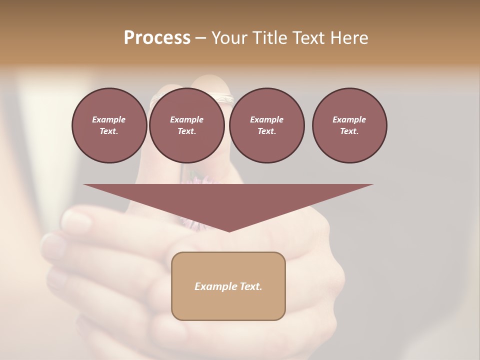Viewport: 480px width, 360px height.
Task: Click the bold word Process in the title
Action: [157, 38]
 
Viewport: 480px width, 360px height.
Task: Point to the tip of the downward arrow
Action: [229, 230]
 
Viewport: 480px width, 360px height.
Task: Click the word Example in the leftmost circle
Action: [109, 119]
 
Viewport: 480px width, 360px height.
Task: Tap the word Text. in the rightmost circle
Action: [349, 131]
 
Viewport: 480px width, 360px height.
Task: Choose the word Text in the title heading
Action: [308, 38]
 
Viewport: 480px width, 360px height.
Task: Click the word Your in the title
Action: [229, 38]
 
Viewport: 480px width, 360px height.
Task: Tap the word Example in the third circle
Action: [266, 119]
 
